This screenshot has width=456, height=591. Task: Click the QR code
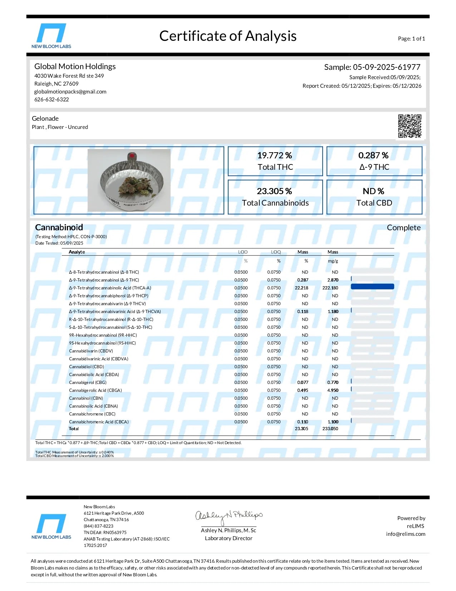tap(410, 126)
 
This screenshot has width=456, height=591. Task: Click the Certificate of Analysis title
tap(228, 36)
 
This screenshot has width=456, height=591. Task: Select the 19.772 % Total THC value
tap(274, 155)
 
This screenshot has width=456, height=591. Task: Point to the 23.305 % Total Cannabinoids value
tap(274, 191)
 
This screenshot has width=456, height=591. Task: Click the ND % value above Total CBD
tap(373, 191)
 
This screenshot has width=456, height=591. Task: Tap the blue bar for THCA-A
tap(372, 287)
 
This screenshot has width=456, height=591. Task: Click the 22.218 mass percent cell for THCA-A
tap(301, 288)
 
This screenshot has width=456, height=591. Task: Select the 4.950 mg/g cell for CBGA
tap(333, 390)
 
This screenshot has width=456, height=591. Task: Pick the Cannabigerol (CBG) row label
tap(88, 383)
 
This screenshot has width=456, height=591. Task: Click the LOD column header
tap(243, 252)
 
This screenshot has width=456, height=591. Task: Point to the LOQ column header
tap(276, 252)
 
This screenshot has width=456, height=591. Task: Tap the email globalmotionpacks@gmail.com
tap(70, 92)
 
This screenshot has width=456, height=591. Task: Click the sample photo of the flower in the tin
tap(129, 180)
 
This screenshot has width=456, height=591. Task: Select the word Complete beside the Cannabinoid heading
tap(403, 228)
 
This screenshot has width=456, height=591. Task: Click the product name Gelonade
tap(45, 119)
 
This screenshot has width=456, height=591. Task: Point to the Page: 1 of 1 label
tap(411, 39)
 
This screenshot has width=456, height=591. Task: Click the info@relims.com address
tap(406, 534)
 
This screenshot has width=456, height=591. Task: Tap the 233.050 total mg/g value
tap(330, 429)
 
